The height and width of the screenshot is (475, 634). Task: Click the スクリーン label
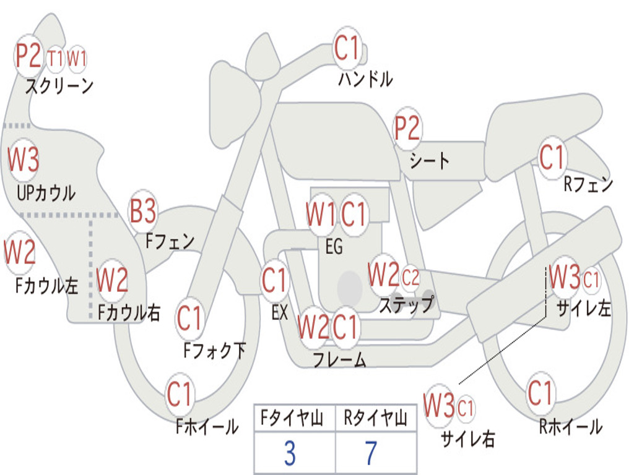tap(59, 86)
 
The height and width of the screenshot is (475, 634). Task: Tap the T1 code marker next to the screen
tap(55, 59)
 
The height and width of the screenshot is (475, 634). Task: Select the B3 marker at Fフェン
tap(142, 212)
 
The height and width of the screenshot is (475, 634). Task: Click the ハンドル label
tap(365, 79)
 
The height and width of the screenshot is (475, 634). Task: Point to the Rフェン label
tap(588, 184)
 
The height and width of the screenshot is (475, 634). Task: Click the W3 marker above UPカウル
tap(23, 160)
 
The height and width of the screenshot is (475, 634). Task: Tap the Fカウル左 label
tap(47, 286)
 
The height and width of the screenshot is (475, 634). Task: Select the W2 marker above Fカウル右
tap(112, 281)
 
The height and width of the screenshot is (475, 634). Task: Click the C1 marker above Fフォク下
tap(189, 319)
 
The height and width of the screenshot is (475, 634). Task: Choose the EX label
tap(279, 312)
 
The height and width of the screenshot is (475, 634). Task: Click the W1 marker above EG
tap(320, 215)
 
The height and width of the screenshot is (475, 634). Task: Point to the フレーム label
tap(339, 359)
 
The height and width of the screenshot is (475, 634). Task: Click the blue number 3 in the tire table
tap(289, 454)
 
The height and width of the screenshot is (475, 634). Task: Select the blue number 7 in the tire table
tap(371, 454)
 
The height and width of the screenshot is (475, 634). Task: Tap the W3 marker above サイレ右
tap(439, 406)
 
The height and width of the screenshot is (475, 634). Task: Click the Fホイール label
tap(207, 426)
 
